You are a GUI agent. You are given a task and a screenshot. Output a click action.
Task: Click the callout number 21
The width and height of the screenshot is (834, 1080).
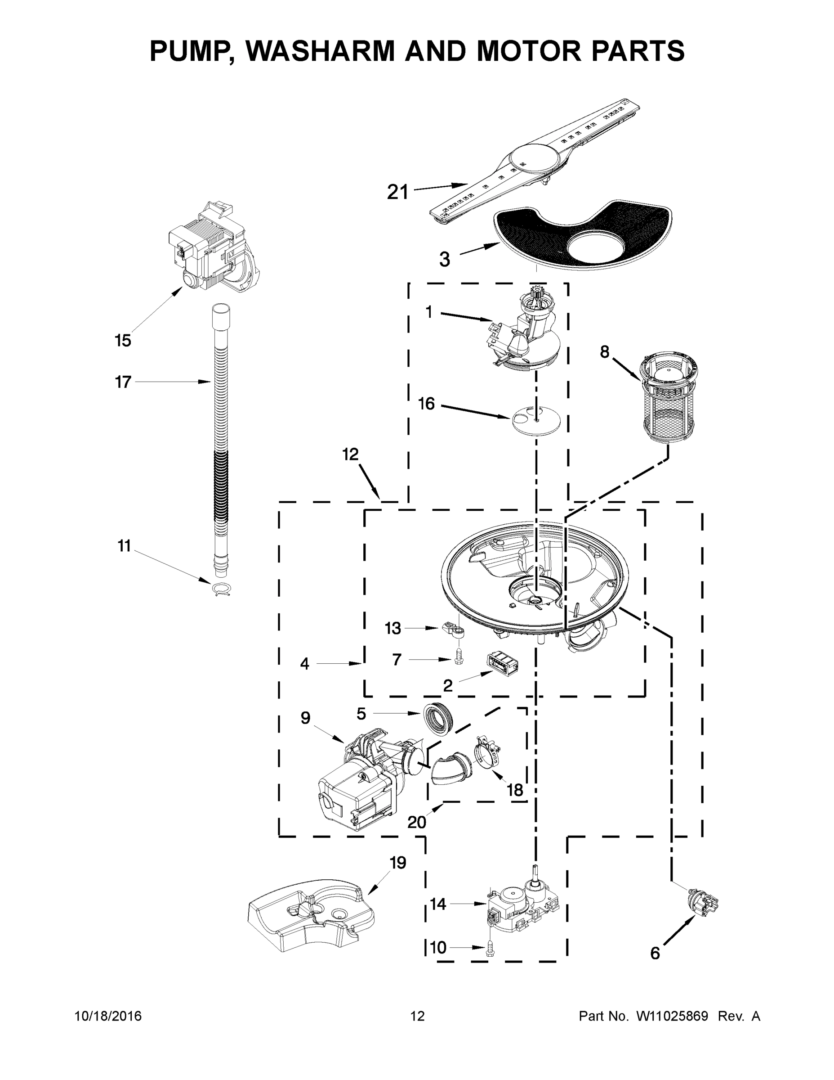tap(398, 192)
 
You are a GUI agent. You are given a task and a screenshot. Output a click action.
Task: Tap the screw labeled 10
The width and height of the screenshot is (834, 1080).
tap(491, 947)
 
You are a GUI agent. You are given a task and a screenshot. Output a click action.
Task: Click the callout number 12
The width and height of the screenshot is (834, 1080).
tap(350, 454)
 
